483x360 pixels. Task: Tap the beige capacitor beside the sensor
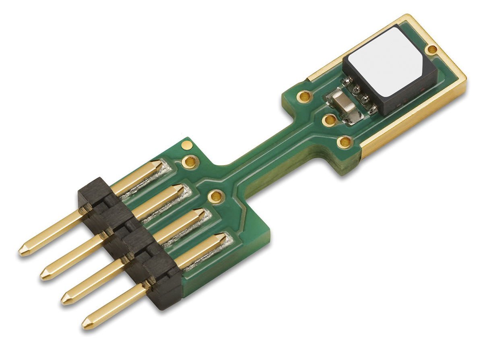coord(343,106)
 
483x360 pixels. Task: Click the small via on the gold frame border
coord(432,50)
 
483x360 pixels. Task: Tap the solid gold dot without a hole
coord(186,144)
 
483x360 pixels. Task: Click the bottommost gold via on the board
coord(217,196)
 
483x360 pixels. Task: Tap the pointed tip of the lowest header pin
coord(85,323)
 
